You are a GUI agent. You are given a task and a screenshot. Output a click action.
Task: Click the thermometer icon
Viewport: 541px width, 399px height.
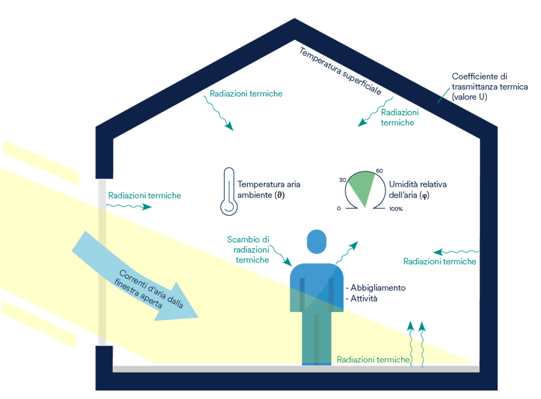coord(229,192)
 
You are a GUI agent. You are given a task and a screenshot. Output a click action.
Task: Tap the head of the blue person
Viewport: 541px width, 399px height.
coord(316,242)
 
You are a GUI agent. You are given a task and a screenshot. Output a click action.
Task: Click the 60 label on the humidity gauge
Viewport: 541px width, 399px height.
coord(380,171)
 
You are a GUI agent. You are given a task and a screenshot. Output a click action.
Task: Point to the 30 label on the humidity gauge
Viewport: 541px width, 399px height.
coord(342,180)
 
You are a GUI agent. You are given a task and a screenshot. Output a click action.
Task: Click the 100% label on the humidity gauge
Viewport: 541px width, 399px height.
coord(396,209)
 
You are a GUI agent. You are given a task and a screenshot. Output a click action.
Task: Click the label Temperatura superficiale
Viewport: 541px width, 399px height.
coord(340,71)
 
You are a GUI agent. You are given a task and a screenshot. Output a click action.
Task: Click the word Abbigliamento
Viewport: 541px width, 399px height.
coord(378,288)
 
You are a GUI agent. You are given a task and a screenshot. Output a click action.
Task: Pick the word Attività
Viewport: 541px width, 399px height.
coord(364,298)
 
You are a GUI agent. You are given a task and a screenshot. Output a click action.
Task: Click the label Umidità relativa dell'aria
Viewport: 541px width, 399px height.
coord(417,190)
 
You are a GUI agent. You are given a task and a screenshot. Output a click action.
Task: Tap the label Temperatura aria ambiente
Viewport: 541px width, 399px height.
coord(269,190)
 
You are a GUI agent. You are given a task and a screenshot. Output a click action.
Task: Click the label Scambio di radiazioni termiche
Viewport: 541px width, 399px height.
coord(248,249)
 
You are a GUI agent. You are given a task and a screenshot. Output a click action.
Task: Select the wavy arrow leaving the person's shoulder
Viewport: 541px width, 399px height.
coord(346,253)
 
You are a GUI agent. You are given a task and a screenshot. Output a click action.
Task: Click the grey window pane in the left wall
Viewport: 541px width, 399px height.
coord(102,262)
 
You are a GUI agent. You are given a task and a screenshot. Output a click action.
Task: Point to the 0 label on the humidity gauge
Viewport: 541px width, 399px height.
coord(339,208)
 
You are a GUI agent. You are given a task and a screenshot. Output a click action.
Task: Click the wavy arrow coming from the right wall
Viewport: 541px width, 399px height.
coord(456,252)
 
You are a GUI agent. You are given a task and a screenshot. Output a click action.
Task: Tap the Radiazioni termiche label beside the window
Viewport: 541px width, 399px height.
coord(145,195)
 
